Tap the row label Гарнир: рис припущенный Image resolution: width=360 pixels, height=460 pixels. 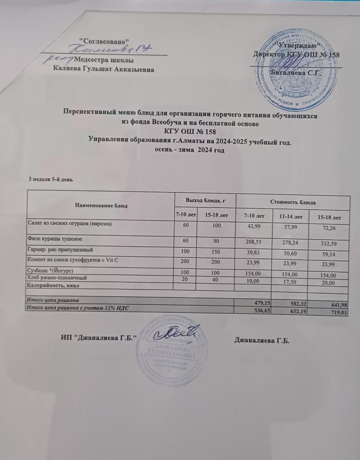60,249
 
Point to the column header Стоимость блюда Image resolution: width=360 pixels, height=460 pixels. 293,202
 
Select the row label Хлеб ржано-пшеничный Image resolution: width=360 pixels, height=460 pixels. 57,278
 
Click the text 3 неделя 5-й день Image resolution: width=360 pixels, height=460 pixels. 51,179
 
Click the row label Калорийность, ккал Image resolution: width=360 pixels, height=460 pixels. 53,285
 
